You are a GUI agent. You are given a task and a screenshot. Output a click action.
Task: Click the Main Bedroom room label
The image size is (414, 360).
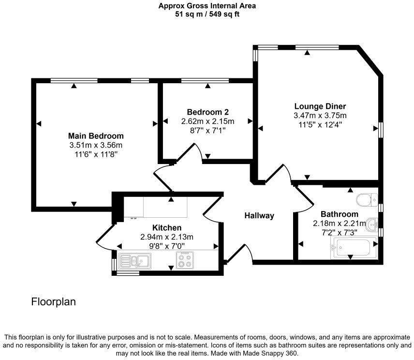click(96, 136)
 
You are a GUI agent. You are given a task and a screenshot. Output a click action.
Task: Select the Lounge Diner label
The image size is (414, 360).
click(320, 106)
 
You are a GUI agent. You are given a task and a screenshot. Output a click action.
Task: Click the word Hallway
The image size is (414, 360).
click(259, 216)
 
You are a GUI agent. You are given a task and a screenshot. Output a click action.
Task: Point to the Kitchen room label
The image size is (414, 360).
click(167, 227)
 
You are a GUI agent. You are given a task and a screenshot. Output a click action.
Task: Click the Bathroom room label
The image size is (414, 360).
click(339, 214)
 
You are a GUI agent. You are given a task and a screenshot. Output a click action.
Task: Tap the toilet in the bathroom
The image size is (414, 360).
click(366, 199)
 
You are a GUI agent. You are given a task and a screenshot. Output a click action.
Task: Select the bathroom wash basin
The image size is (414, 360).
click(372, 224)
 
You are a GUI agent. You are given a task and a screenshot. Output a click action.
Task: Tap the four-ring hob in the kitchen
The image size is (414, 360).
click(184, 260)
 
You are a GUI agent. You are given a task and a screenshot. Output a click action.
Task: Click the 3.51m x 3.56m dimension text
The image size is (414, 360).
click(96, 145)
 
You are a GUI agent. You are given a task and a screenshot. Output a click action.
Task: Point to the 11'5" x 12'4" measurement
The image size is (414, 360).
click(320, 124)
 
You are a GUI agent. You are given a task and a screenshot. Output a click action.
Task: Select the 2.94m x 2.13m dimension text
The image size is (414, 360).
click(167, 237)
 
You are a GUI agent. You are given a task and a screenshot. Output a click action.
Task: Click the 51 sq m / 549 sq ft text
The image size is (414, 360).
click(207, 14)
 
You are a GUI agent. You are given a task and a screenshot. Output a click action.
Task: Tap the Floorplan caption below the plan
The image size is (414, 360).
click(53, 302)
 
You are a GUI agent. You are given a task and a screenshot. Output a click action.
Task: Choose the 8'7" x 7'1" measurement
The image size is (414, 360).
click(207, 130)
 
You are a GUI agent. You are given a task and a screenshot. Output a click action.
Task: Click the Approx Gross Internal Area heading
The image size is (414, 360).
click(207, 6)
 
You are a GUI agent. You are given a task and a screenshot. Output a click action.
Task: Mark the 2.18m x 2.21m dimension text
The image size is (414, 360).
click(339, 223)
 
